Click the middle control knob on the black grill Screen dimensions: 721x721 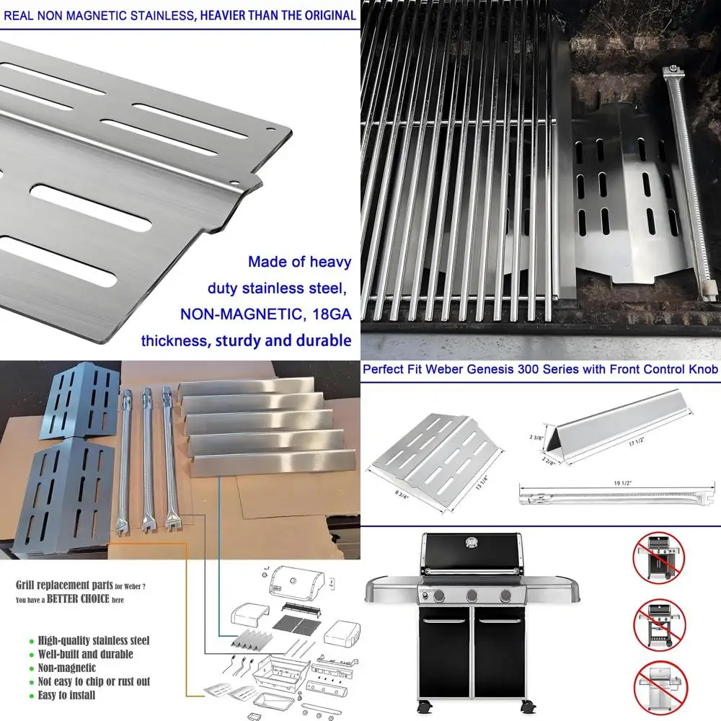(x=472, y=596)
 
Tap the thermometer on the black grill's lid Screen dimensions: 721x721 (x=473, y=541)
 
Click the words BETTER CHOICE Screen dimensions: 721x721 (x=79, y=599)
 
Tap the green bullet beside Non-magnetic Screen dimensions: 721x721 (x=31, y=668)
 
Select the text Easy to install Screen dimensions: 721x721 (x=66, y=695)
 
